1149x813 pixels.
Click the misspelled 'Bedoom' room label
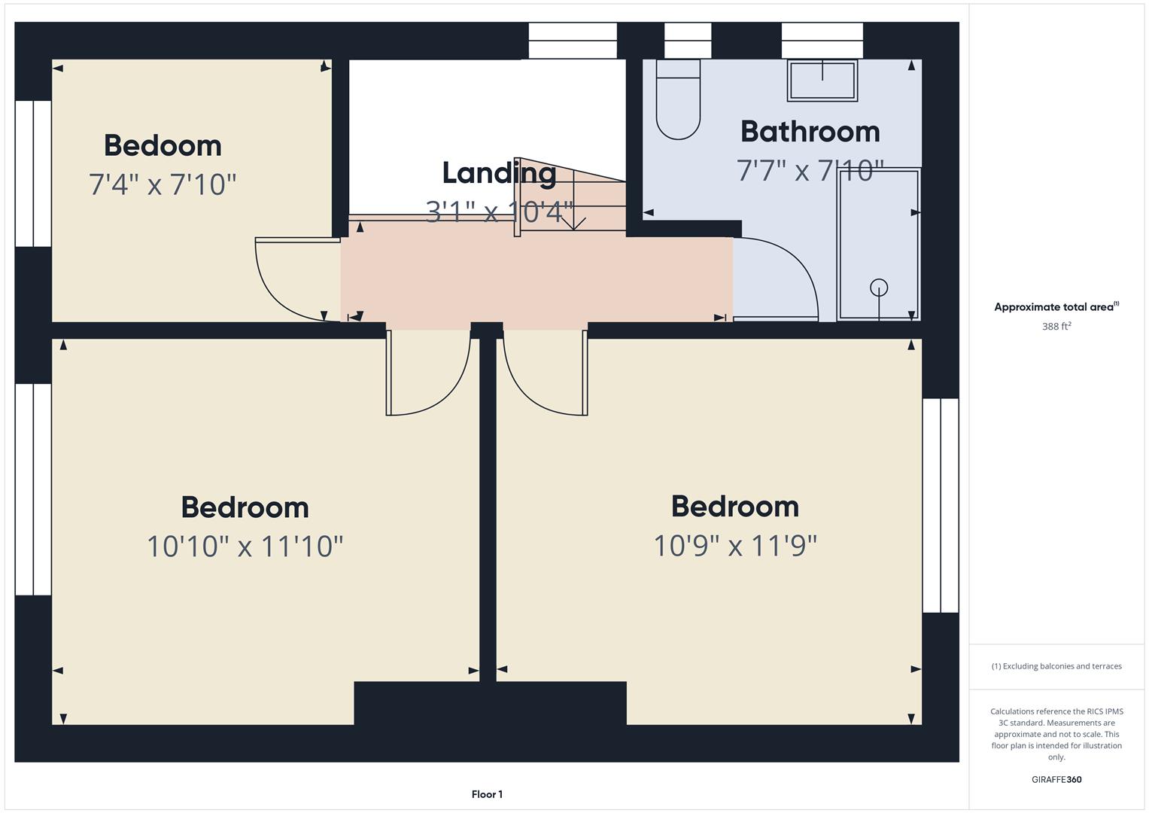(163, 146)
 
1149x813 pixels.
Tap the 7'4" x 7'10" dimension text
(162, 184)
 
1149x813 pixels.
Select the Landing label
(499, 173)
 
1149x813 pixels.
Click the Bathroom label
(810, 132)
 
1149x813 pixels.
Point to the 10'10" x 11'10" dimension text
(245, 546)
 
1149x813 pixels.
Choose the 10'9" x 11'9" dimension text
(735, 546)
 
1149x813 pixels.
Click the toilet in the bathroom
(678, 99)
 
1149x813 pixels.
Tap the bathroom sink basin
(822, 80)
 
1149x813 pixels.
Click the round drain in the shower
(879, 288)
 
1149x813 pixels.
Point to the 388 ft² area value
(1056, 326)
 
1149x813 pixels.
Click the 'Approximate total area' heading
(1056, 307)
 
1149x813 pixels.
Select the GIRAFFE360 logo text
(1056, 779)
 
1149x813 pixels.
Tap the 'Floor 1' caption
(487, 794)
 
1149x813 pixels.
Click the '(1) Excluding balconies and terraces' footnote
(1056, 666)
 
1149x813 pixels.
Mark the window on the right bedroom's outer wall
(941, 506)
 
